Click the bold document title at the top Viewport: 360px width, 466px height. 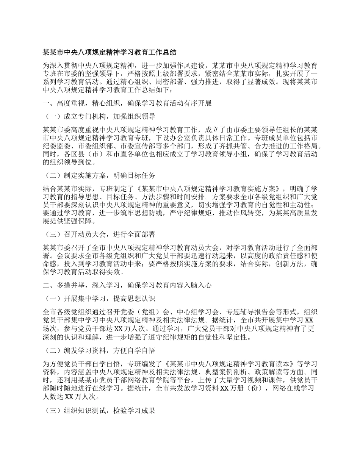click(110, 52)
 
